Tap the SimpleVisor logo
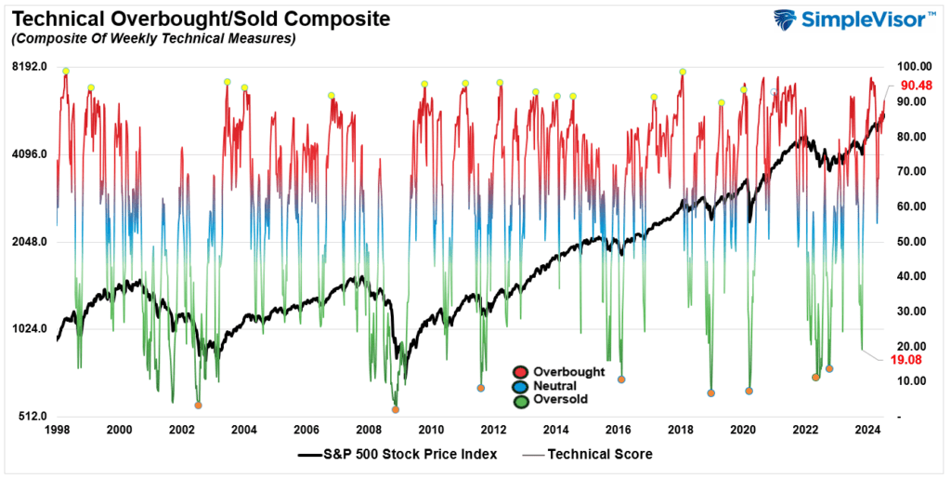[853, 21]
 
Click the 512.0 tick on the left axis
[29, 417]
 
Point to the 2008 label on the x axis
[369, 430]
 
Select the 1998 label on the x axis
[57, 430]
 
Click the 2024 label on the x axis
[867, 430]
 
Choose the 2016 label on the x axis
[619, 430]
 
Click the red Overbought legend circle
[520, 372]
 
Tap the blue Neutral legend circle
[520, 386]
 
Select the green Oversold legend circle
[520, 400]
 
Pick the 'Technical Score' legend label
[600, 455]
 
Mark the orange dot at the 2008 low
[396, 409]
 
